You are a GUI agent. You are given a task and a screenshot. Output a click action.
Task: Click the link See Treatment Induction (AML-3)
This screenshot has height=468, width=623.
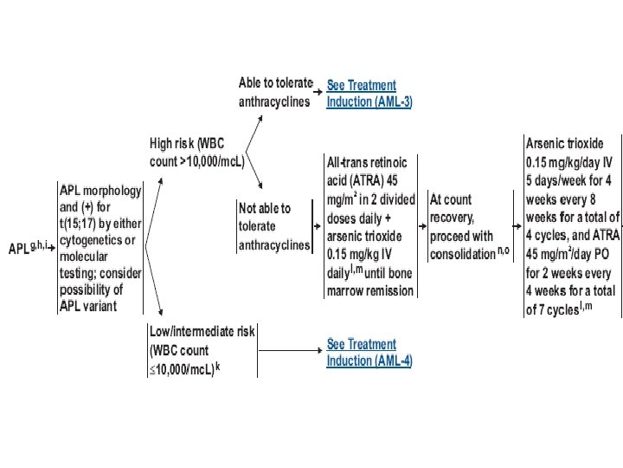(369, 94)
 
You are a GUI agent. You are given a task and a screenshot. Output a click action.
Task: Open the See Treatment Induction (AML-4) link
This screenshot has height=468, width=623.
(369, 353)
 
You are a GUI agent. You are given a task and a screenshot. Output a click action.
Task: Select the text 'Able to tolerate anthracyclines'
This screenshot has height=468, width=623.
(275, 92)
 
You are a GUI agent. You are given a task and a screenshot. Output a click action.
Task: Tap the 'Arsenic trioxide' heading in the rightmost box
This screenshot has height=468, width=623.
(564, 143)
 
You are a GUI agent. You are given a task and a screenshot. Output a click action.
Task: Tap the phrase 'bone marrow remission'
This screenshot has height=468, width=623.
(370, 292)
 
